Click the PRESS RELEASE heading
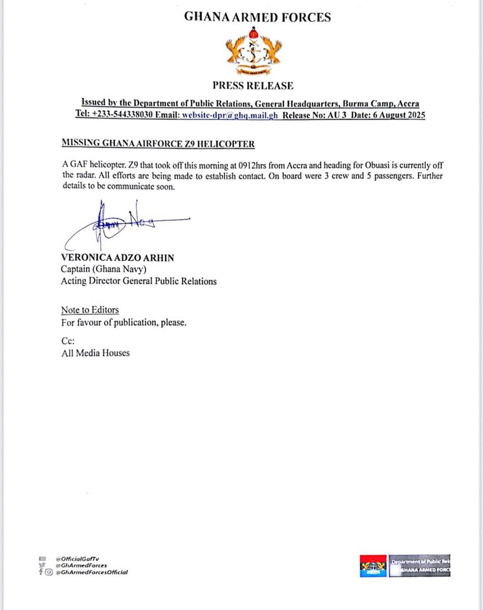[x=252, y=86]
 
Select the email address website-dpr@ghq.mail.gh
[x=230, y=115]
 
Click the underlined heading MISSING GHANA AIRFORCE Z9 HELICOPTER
[x=158, y=144]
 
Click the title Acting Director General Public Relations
[x=139, y=281]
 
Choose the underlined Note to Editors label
[x=90, y=310]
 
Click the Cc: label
[x=68, y=341]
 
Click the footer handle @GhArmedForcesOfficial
[x=92, y=572]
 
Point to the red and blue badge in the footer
[x=373, y=566]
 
